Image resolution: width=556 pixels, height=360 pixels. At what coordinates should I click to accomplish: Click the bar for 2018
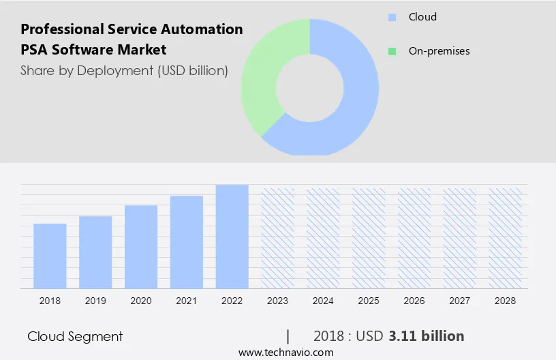pyautogui.click(x=50, y=256)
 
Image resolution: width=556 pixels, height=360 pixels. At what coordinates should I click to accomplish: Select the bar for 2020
pyautogui.click(x=141, y=246)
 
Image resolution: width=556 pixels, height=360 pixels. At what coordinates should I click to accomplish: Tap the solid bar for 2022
pyautogui.click(x=232, y=236)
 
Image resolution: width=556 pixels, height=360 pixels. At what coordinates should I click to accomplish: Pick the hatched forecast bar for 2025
pyautogui.click(x=369, y=237)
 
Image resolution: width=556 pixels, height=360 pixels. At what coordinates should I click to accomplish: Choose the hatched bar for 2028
pyautogui.click(x=505, y=237)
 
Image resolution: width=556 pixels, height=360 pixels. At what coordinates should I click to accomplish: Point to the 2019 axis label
pyautogui.click(x=95, y=301)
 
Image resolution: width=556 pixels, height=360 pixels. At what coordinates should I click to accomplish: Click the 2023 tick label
pyautogui.click(x=277, y=301)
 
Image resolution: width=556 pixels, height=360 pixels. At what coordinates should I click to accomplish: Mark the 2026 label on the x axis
pyautogui.click(x=414, y=301)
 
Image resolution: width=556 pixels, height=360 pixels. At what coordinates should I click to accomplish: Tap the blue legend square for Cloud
pyautogui.click(x=392, y=17)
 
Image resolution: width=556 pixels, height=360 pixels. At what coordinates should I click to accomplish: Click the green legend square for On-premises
pyautogui.click(x=392, y=51)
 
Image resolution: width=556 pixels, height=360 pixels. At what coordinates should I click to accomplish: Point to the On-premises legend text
pyautogui.click(x=439, y=51)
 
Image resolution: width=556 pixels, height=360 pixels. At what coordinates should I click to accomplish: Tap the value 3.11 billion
pyautogui.click(x=427, y=336)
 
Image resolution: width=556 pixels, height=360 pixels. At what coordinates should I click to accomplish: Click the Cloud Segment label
pyautogui.click(x=75, y=336)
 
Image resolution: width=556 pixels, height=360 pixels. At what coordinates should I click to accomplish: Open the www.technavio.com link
pyautogui.click(x=285, y=352)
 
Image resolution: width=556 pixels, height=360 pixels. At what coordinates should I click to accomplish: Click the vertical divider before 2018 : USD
pyautogui.click(x=288, y=336)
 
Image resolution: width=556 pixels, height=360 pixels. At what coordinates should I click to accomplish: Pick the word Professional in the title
pyautogui.click(x=61, y=29)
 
